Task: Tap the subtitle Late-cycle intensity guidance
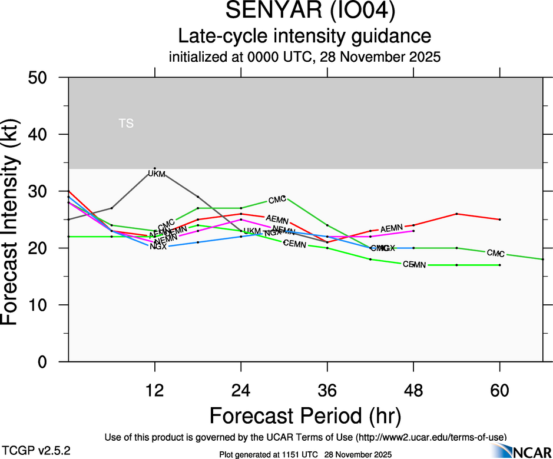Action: [305, 36]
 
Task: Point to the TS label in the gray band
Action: [126, 124]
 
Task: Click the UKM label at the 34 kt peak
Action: [157, 174]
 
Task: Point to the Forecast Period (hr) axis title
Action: [305, 415]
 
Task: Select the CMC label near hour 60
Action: [496, 254]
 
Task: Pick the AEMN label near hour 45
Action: [391, 229]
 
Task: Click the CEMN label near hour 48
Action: [414, 265]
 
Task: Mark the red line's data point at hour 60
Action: [499, 219]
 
